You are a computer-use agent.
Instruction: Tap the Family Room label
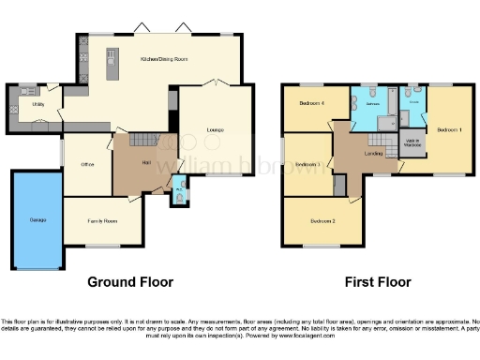click(x=103, y=220)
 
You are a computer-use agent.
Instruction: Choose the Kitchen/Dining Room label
click(x=165, y=59)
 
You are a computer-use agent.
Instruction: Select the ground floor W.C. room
click(x=179, y=196)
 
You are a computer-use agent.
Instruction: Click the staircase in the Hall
click(x=142, y=141)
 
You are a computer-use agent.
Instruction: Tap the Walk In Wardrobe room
click(x=412, y=142)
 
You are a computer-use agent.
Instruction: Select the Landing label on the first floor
click(x=372, y=154)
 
